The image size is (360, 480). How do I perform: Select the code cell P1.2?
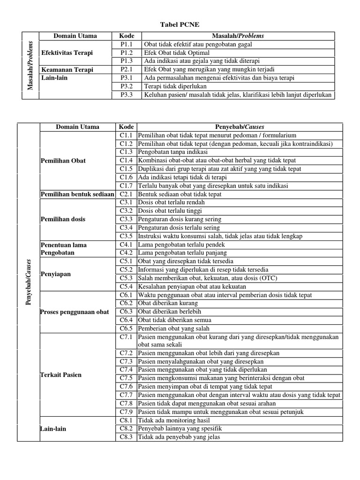[x=127, y=53]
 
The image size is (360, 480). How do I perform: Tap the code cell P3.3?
[x=127, y=95]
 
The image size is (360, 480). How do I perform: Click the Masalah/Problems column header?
[x=238, y=36]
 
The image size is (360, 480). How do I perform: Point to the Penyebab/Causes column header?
[x=239, y=127]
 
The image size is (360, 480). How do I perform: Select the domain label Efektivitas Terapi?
[x=67, y=52]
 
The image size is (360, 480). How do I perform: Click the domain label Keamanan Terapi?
[x=67, y=69]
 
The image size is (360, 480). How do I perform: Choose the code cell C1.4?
[x=126, y=160]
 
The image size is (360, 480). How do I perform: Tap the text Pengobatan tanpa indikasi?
[x=172, y=152]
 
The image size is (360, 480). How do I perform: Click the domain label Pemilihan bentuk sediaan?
[x=78, y=194]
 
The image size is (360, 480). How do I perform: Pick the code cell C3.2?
[x=126, y=211]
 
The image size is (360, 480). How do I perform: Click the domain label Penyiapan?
[x=56, y=274]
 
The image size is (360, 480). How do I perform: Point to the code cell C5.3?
[x=126, y=278]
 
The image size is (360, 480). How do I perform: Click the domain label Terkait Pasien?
[x=61, y=375]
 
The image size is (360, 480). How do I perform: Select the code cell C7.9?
[x=126, y=412]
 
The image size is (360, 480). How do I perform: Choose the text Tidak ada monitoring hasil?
[x=174, y=420]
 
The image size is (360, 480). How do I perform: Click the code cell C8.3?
[x=126, y=437]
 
